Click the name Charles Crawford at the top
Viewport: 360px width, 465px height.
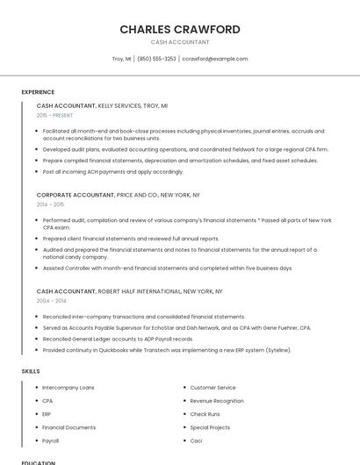179,29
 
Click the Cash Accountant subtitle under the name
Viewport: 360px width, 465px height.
179,42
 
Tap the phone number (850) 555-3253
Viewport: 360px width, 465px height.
156,59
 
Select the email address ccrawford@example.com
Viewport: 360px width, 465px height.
215,59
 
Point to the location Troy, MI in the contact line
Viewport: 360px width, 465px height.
122,59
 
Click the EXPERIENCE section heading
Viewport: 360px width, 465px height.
38,92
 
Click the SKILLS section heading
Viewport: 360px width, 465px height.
31,371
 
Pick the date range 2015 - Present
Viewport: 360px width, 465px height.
54,115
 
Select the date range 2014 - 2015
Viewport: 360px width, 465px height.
50,204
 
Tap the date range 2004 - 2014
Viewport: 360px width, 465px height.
50,300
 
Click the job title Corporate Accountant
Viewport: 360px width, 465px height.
75,195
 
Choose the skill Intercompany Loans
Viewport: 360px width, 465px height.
68,387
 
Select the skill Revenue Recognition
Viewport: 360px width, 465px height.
216,400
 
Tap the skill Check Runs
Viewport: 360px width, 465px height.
205,413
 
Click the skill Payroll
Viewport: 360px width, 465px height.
50,440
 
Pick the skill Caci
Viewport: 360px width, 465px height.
197,440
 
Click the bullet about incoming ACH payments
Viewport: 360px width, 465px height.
112,171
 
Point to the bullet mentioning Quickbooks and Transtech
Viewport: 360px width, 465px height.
167,350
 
